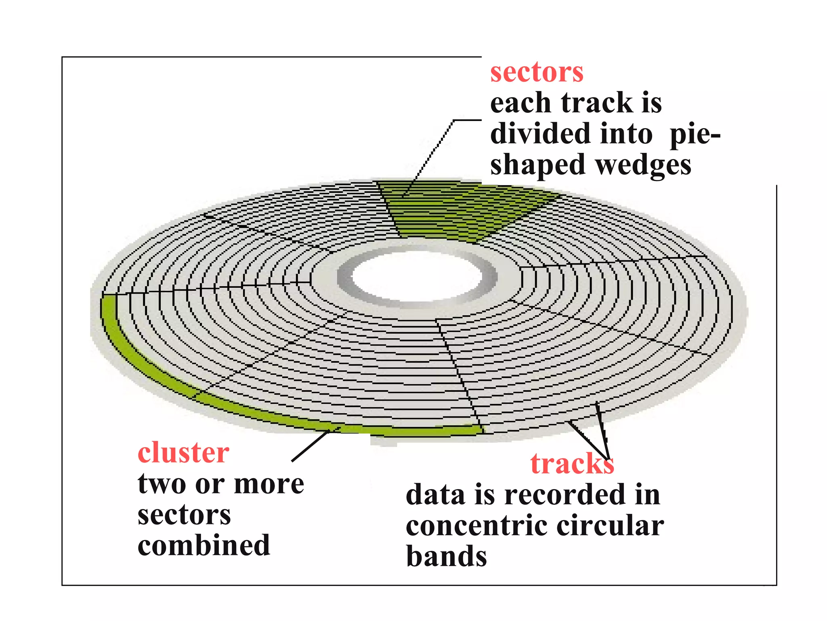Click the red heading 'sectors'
(x=536, y=73)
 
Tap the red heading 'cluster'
(x=183, y=453)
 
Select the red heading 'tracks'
(x=572, y=464)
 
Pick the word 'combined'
(x=204, y=546)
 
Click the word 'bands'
(x=446, y=557)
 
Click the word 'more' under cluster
(x=269, y=484)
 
